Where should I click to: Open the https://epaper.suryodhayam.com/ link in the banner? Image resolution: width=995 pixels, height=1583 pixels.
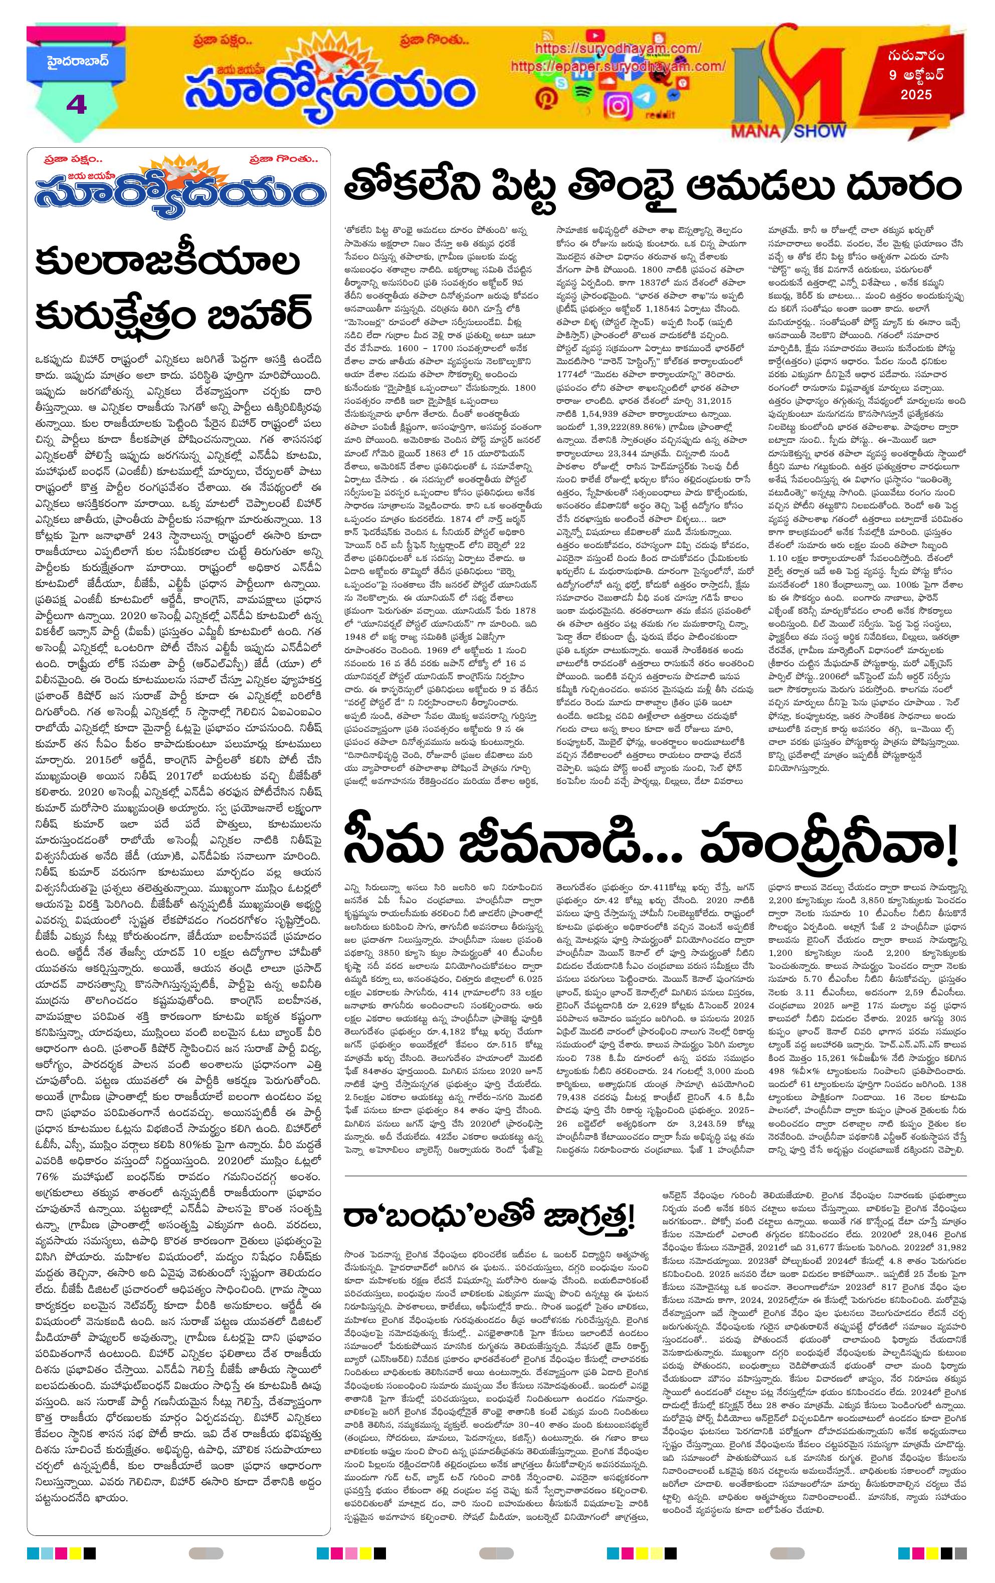click(x=618, y=67)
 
